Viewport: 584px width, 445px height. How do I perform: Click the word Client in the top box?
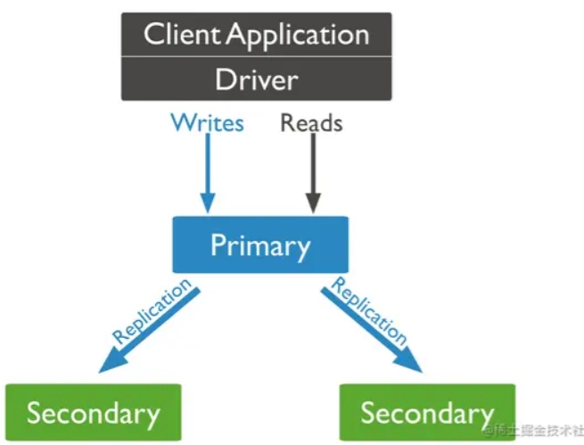coord(181,34)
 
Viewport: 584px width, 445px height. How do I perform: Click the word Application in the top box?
coord(298,37)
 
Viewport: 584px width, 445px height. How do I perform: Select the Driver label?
coord(257,79)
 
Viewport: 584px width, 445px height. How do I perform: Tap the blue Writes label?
coord(207,122)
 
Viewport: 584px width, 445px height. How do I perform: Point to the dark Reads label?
coord(311,123)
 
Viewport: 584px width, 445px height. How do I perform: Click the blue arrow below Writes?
coord(208,173)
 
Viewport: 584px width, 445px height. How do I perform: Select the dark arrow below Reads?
coord(313,173)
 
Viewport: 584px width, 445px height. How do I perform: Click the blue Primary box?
coord(260,244)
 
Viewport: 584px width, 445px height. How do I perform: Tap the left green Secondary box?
coord(94,412)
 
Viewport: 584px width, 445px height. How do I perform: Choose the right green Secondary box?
coord(427,412)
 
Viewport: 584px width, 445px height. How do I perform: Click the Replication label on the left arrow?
coord(152,311)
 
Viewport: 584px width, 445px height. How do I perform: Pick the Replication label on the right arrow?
coord(369,311)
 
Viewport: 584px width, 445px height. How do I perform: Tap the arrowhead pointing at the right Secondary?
coord(410,361)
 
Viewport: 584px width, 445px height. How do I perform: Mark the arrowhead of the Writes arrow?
coord(208,203)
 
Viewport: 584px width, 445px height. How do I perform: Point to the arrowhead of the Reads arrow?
coord(313,203)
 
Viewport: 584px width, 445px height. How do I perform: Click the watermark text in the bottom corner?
coord(533,431)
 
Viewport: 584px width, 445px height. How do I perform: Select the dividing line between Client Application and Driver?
coord(257,56)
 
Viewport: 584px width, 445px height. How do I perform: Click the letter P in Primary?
coord(218,244)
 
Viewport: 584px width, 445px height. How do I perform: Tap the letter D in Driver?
coord(225,79)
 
